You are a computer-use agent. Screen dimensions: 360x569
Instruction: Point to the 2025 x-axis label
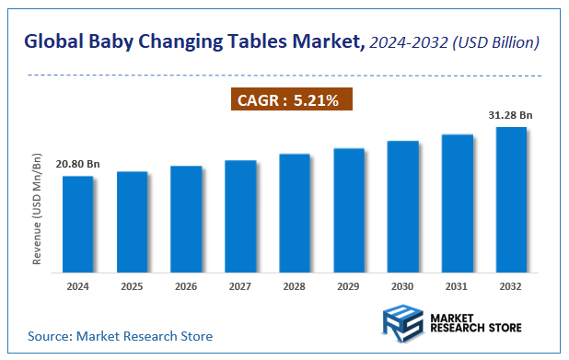(x=132, y=286)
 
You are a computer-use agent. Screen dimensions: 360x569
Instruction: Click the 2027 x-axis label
(x=240, y=286)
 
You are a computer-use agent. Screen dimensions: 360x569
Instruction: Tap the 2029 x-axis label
(x=348, y=286)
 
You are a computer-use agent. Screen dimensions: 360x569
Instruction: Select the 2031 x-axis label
(x=457, y=286)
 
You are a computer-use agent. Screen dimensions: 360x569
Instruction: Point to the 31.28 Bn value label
(x=511, y=115)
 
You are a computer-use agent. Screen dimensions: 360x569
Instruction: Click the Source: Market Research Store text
(x=120, y=336)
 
